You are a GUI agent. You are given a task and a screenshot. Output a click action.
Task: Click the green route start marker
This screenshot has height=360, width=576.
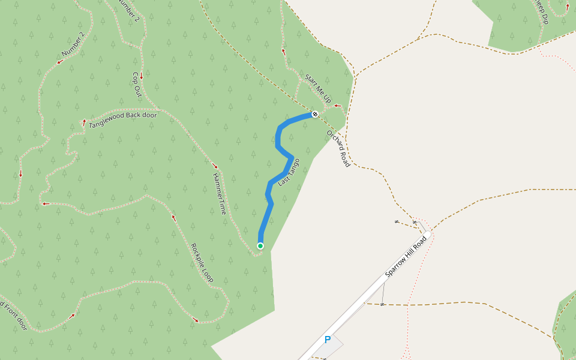pyautogui.click(x=260, y=246)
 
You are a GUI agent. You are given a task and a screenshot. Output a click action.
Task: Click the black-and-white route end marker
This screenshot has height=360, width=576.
pyautogui.click(x=314, y=114)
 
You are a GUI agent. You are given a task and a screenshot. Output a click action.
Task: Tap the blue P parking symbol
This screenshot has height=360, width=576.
pyautogui.click(x=328, y=340)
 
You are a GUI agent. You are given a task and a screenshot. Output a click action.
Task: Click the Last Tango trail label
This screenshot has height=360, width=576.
pyautogui.click(x=289, y=172)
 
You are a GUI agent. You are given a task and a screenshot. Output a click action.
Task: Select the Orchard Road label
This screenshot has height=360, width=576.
pyautogui.click(x=338, y=148)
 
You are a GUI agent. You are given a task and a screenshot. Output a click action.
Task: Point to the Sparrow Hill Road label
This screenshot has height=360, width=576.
pyautogui.click(x=406, y=256)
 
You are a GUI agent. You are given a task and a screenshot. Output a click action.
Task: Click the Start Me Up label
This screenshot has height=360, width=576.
pyautogui.click(x=318, y=87)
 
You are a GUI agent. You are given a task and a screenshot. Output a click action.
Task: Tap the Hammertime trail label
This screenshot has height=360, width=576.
pyautogui.click(x=219, y=194)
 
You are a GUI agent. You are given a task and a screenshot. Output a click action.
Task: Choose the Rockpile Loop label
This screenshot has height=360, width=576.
pyautogui.click(x=202, y=263)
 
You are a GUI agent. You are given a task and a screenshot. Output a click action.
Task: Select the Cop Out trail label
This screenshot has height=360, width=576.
pyautogui.click(x=136, y=85)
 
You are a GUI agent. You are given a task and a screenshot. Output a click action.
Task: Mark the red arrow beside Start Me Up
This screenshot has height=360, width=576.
pyautogui.click(x=337, y=106)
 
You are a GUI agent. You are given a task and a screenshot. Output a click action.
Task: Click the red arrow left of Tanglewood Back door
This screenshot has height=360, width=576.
pyautogui.click(x=84, y=122)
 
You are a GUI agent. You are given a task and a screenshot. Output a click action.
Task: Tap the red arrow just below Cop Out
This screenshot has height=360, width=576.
pyautogui.click(x=142, y=77)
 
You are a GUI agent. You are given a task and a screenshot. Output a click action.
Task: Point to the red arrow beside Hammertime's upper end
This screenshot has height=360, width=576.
pyautogui.click(x=215, y=166)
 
